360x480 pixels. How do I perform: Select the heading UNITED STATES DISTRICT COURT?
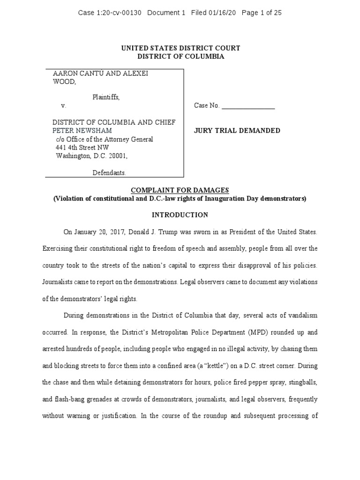tap(180, 48)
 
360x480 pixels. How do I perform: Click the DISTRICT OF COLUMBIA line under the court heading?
tap(180, 56)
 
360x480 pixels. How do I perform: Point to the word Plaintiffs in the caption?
tap(105, 97)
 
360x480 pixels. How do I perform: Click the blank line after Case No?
tap(248, 106)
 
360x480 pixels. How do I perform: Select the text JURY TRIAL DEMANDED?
tap(237, 131)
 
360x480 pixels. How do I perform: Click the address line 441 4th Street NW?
tap(82, 148)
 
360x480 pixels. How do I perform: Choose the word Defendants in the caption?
tap(109, 173)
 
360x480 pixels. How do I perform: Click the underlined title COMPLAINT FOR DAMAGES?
tap(180, 190)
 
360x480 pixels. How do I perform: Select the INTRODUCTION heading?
tap(180, 215)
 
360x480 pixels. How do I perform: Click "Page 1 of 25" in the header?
tap(261, 13)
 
